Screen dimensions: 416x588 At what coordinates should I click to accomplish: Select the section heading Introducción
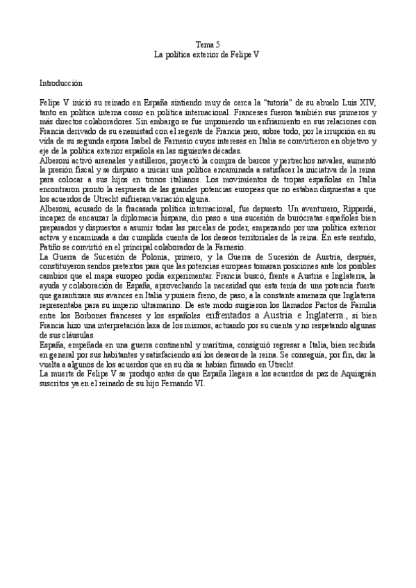(61, 82)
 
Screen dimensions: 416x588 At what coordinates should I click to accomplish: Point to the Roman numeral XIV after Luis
(366, 101)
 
